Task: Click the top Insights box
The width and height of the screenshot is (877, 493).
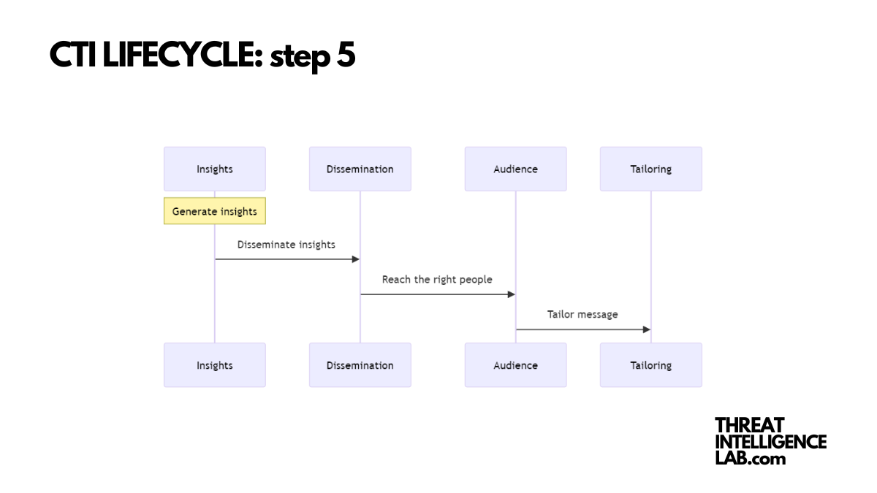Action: [x=214, y=169]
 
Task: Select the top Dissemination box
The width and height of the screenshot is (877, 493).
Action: [x=360, y=169]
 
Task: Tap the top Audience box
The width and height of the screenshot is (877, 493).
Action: [x=515, y=169]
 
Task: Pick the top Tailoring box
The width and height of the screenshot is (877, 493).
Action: [x=650, y=169]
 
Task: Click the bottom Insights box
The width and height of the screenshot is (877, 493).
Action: [x=214, y=365]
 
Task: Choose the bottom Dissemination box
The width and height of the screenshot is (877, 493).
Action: [x=360, y=365]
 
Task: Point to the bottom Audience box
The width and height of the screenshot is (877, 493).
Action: [x=515, y=365]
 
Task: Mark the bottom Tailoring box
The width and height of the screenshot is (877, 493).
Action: [x=650, y=365]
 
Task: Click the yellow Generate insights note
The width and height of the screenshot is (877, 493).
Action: [x=214, y=211]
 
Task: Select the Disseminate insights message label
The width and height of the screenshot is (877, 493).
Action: [x=286, y=245]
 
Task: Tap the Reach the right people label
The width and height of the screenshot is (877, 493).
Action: [x=437, y=280]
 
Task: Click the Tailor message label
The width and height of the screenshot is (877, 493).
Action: [x=582, y=315]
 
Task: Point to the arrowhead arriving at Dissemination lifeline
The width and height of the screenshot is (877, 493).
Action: [x=356, y=259]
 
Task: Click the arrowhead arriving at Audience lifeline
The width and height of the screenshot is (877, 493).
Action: [x=512, y=294]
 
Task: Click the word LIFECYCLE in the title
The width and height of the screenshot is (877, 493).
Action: [x=182, y=56]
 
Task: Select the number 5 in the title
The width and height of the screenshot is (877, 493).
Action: [x=346, y=56]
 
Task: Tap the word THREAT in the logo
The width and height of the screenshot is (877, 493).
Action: [x=749, y=425]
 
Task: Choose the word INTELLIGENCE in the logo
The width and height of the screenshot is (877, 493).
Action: [x=770, y=442]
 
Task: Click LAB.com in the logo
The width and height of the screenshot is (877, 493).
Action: [x=750, y=459]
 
